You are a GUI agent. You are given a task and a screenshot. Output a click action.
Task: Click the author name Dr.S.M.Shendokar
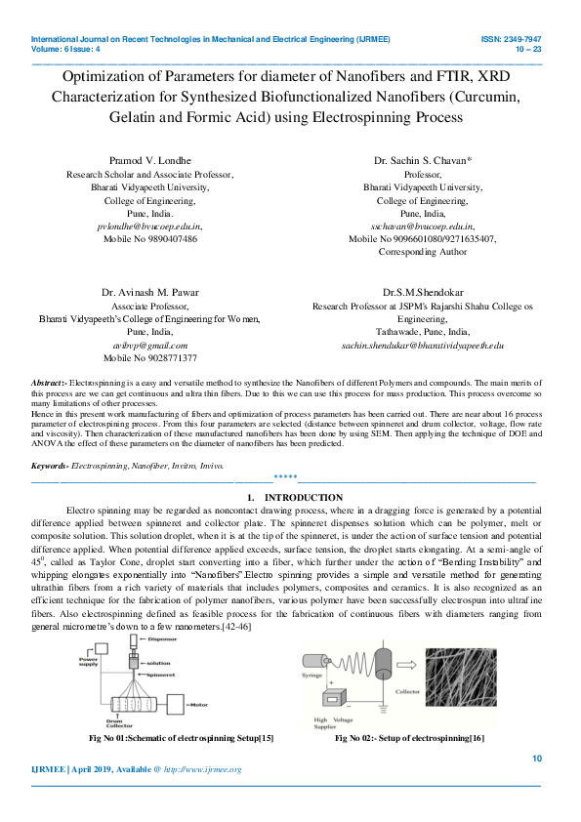423,292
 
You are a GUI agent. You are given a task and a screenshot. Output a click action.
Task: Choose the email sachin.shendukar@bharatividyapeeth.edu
423,346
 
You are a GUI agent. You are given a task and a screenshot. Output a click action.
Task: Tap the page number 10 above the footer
536,759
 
